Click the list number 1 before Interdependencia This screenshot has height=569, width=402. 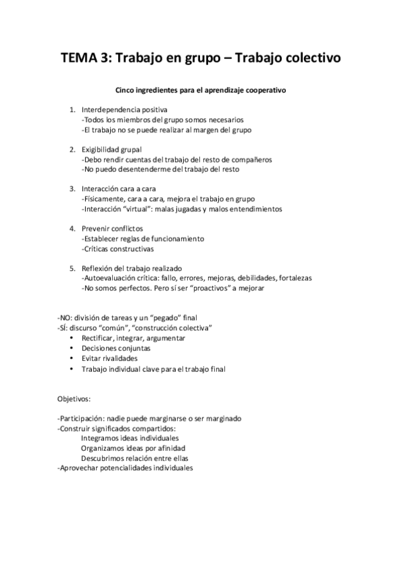coord(72,109)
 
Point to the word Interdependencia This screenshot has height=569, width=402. coord(111,109)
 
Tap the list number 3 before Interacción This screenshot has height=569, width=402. coord(72,189)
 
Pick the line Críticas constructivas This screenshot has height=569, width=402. coord(117,248)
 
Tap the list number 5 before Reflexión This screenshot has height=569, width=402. coord(72,268)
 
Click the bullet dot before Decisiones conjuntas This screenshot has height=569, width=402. coord(72,348)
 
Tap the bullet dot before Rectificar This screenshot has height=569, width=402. coord(72,338)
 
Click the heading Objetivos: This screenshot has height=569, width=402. coord(79,399)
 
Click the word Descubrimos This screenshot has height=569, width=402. coord(104,458)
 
